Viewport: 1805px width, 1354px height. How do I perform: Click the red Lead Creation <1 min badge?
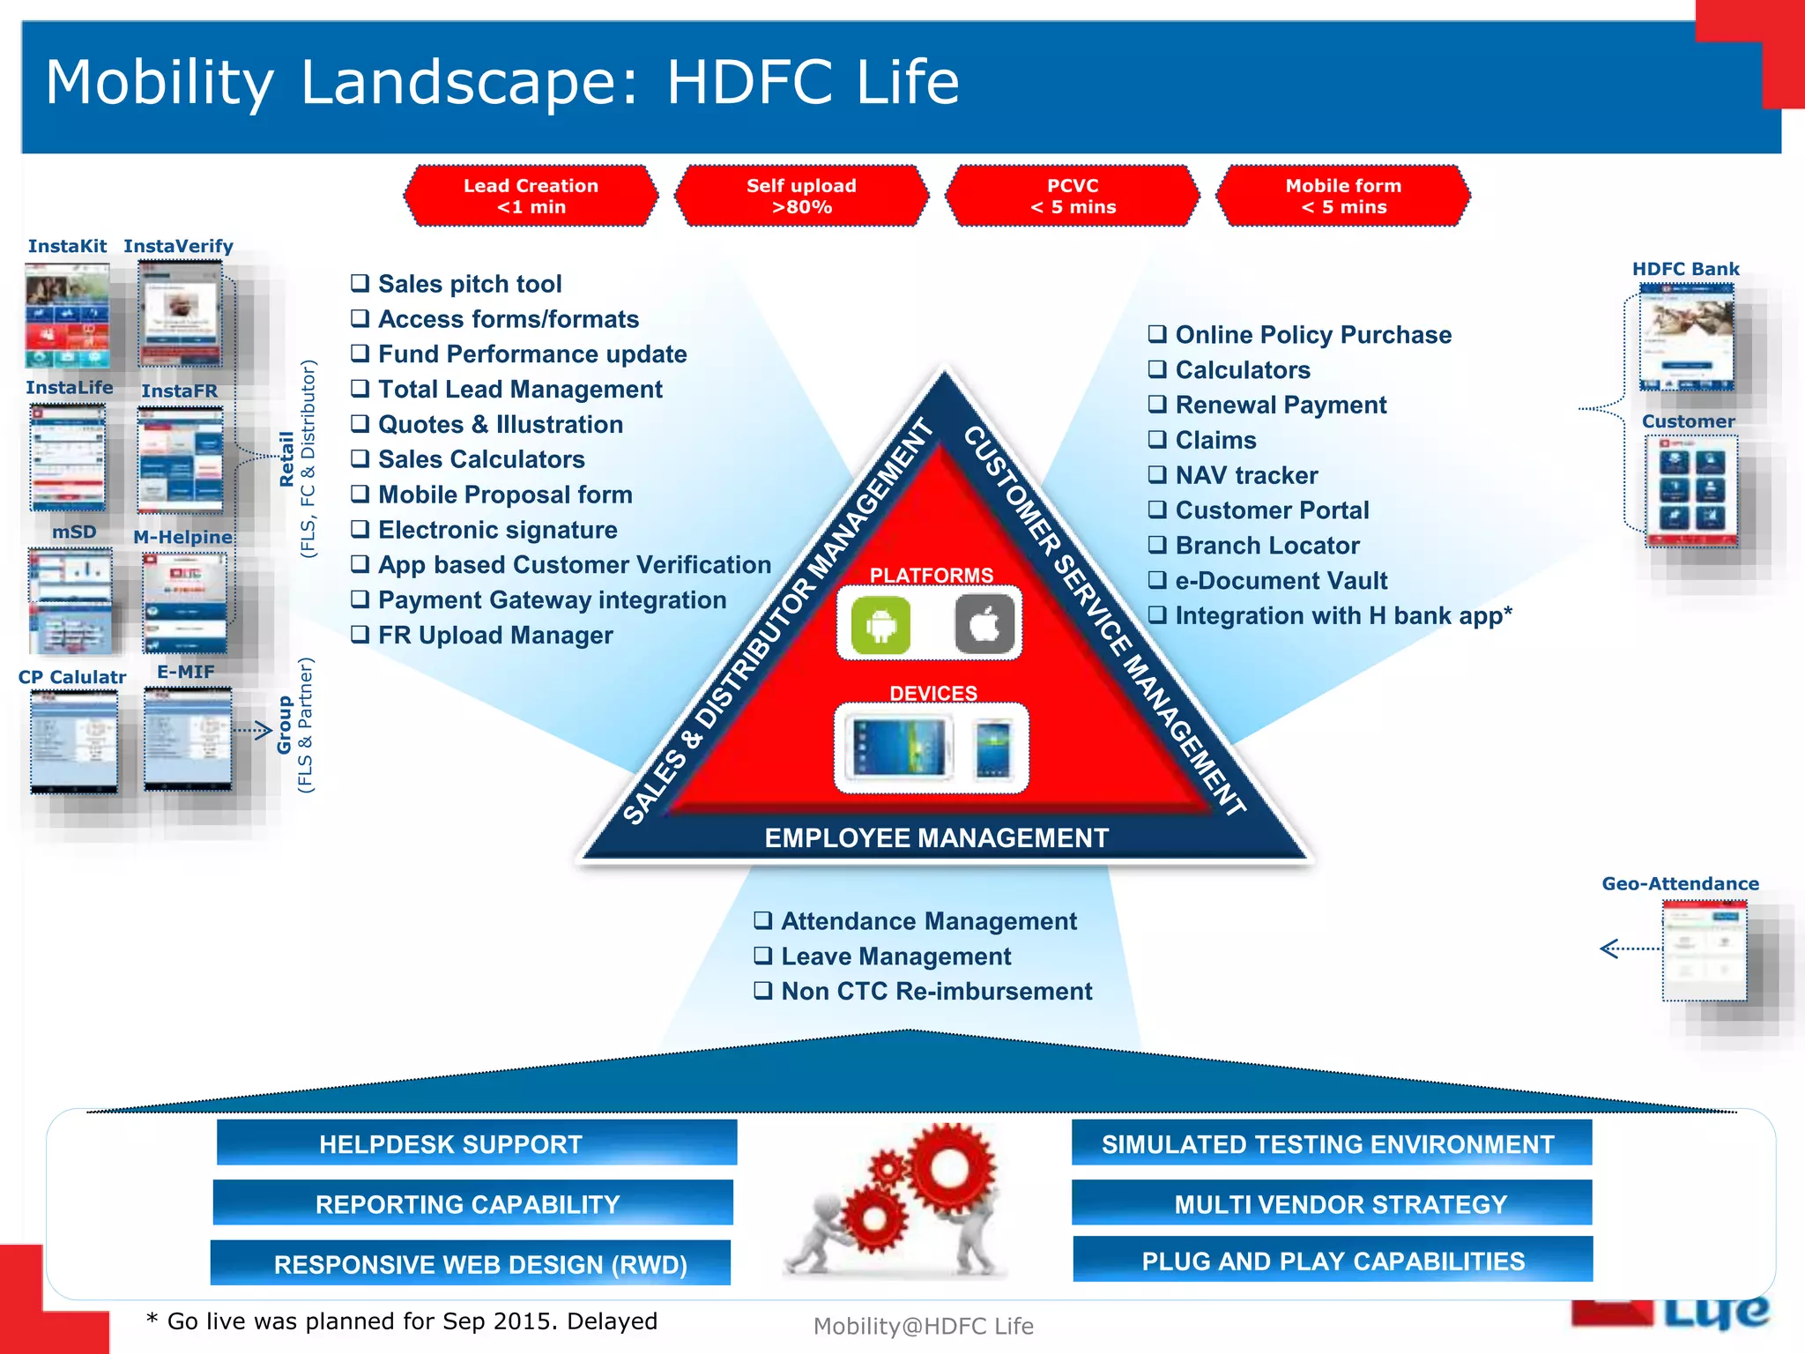(531, 196)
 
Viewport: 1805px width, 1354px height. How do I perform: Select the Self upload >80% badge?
(801, 196)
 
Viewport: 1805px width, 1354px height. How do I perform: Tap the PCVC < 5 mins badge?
(1073, 196)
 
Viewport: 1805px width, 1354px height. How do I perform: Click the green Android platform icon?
(880, 625)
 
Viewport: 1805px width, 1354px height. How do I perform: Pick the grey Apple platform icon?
(984, 625)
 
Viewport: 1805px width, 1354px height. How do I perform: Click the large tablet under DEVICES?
(899, 748)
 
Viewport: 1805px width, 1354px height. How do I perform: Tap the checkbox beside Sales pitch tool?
(360, 283)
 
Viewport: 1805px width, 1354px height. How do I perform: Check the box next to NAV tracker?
(1157, 474)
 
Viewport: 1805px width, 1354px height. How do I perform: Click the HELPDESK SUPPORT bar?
(476, 1143)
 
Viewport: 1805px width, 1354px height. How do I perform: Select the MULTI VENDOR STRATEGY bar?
(1332, 1203)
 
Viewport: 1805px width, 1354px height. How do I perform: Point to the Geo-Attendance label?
(1680, 883)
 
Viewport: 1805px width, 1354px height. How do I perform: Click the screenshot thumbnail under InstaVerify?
(181, 316)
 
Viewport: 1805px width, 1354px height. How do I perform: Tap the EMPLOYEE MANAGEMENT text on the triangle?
(936, 837)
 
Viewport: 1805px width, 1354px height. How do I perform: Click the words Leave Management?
(895, 956)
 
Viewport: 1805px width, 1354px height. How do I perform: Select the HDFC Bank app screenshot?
(1686, 337)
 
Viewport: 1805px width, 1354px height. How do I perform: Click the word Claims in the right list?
(1215, 440)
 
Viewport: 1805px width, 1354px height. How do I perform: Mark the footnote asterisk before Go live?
(152, 1319)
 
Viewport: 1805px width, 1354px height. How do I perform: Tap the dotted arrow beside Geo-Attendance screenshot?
(1629, 949)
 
